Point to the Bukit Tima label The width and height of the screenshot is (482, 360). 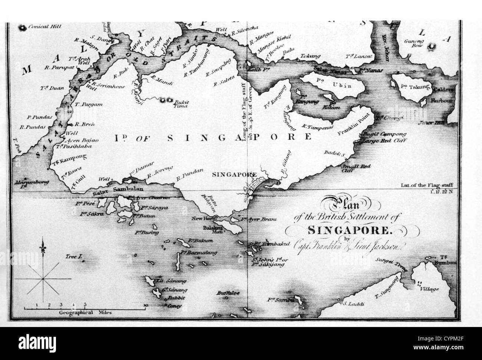click(x=181, y=104)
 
